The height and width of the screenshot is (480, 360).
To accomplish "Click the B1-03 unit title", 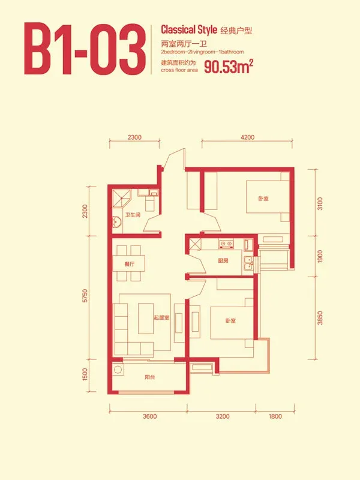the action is pyautogui.click(x=85, y=49).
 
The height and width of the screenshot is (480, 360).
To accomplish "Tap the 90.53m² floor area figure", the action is pyautogui.click(x=229, y=67).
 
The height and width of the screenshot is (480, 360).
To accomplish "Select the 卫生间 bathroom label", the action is pyautogui.click(x=133, y=215).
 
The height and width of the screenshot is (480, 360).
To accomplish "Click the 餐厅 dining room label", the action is pyautogui.click(x=129, y=264).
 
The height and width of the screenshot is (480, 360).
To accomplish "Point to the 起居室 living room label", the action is pyautogui.click(x=161, y=317).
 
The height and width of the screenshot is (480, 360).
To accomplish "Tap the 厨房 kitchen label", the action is pyautogui.click(x=223, y=261).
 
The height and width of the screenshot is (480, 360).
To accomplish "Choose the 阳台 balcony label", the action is pyautogui.click(x=149, y=377).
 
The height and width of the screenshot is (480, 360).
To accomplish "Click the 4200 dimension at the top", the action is pyautogui.click(x=247, y=137).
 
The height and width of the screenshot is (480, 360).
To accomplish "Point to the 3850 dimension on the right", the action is pyautogui.click(x=320, y=318).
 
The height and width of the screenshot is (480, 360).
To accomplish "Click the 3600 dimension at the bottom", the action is pyautogui.click(x=149, y=416).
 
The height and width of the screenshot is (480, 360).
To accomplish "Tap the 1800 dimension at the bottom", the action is pyautogui.click(x=275, y=416).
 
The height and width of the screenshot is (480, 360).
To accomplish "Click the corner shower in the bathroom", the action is pyautogui.click(x=122, y=199).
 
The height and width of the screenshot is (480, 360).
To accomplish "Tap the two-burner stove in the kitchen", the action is pyautogui.click(x=226, y=244).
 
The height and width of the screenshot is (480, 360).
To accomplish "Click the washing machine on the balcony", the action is pyautogui.click(x=118, y=369).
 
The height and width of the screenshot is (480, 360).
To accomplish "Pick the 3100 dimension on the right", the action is pyautogui.click(x=320, y=203).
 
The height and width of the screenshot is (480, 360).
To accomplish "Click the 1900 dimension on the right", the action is pyautogui.click(x=320, y=256).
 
